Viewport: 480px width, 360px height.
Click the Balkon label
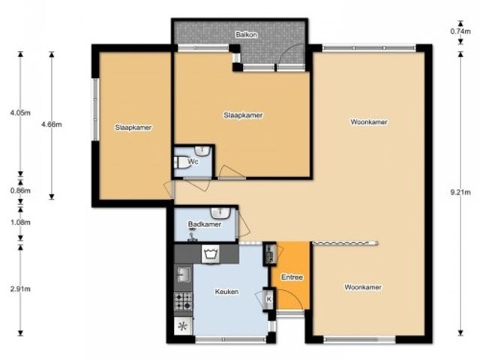[x=247, y=34]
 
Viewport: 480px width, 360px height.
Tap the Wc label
[x=193, y=161]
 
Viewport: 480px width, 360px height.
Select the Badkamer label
[x=205, y=224]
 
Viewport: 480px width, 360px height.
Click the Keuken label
[x=226, y=292]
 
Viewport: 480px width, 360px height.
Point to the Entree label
[x=292, y=277]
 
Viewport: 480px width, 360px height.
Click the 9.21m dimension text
[x=460, y=192]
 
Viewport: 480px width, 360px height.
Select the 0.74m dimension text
[x=460, y=31]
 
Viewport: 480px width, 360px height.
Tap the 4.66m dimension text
[x=52, y=124]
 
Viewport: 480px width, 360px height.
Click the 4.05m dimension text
[x=20, y=112]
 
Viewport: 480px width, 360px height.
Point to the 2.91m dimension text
[x=20, y=289]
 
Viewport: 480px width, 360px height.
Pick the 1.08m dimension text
[x=20, y=222]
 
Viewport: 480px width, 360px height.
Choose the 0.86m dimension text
[x=20, y=190]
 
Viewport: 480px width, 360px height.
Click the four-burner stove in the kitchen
[x=183, y=301]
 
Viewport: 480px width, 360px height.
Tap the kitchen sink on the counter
[x=183, y=274]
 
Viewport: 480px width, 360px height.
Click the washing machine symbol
[x=211, y=254]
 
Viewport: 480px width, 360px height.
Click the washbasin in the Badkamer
[x=220, y=213]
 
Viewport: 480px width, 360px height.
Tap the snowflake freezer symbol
[x=183, y=326]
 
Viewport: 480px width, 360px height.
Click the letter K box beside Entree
[x=269, y=299]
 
